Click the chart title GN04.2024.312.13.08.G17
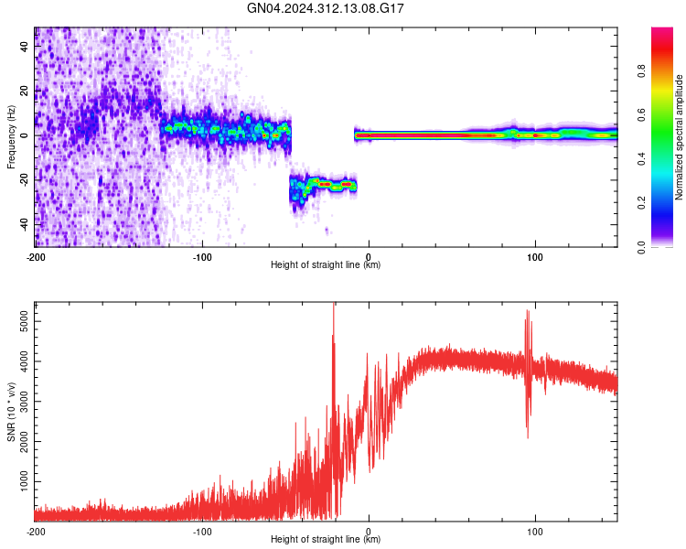pyautogui.click(x=327, y=8)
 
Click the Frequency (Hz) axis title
pyautogui.click(x=11, y=137)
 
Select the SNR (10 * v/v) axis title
pyautogui.click(x=11, y=413)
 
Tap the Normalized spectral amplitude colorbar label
pyautogui.click(x=679, y=137)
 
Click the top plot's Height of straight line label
pyautogui.click(x=326, y=264)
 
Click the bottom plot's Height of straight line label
pyautogui.click(x=326, y=539)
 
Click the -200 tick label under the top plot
pyautogui.click(x=36, y=256)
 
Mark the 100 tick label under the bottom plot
pyautogui.click(x=534, y=531)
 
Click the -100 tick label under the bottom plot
pyautogui.click(x=202, y=531)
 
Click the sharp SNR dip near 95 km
pyautogui.click(x=527, y=430)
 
